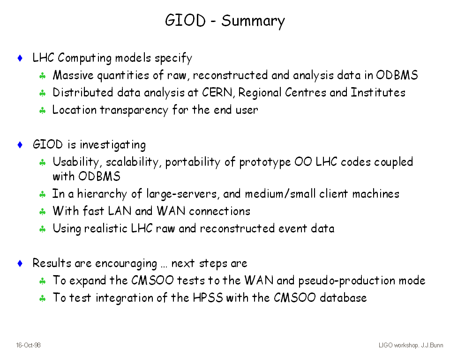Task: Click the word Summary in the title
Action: coord(253,21)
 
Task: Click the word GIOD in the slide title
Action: coord(186,20)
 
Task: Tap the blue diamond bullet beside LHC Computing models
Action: coord(20,58)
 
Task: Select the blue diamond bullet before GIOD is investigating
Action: coord(20,145)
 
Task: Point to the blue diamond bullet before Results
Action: coord(20,263)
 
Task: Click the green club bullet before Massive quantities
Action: coord(43,76)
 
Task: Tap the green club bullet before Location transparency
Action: coord(43,111)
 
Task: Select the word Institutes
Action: coord(378,92)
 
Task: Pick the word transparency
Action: coord(134,111)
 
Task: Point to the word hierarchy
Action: coord(102,194)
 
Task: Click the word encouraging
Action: coord(126,264)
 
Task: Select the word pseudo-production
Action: coord(347,281)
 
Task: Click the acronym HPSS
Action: coord(208,298)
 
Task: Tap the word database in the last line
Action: coord(343,298)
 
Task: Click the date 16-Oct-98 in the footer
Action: coord(28,345)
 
